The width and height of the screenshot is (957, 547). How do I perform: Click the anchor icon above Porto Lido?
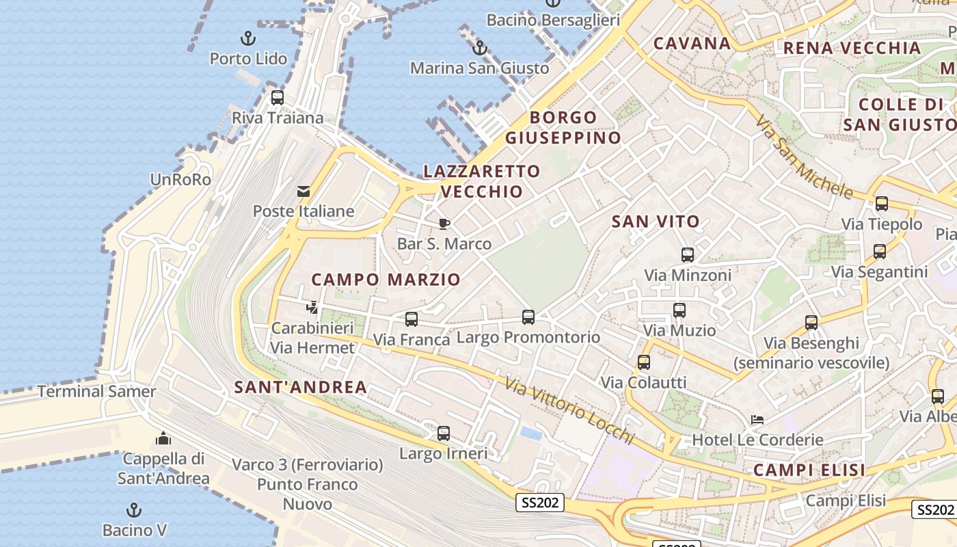point(248,38)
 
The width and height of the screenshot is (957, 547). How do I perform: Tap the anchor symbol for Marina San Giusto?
point(480,48)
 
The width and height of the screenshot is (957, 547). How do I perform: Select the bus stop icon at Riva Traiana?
point(277,97)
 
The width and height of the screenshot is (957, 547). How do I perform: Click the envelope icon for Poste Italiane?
point(304,191)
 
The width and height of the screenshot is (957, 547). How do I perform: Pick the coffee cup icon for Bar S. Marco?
point(444,224)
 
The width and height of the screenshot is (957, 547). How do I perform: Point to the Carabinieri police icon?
point(312,308)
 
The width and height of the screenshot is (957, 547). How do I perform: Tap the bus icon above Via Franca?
point(411,319)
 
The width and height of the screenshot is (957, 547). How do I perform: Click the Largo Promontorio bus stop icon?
point(528,317)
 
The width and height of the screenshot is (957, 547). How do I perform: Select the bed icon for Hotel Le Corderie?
point(757,419)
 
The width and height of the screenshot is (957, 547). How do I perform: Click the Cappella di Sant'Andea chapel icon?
point(163,438)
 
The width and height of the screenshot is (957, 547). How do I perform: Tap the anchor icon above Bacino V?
point(134,509)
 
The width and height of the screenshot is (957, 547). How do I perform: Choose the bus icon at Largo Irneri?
point(443,433)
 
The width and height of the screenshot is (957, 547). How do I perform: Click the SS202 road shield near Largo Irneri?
point(540,503)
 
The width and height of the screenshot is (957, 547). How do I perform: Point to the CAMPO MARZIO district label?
point(386,279)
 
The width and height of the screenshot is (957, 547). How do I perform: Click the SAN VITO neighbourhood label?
point(656,221)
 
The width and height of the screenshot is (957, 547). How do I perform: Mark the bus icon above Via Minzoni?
point(687,255)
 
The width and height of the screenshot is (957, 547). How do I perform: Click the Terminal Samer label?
point(96,392)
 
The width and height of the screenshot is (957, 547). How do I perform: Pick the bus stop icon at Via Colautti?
point(643,362)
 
